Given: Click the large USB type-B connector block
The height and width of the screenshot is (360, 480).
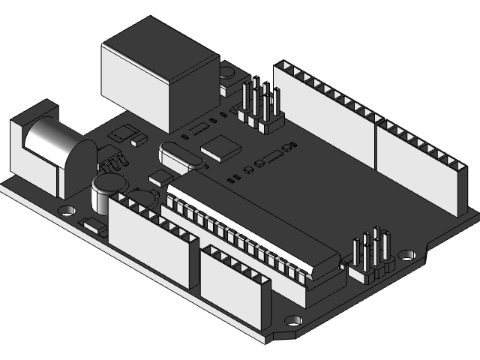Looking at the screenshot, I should pyautogui.click(x=157, y=75).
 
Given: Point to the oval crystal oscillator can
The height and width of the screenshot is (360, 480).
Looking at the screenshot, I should pyautogui.click(x=180, y=157).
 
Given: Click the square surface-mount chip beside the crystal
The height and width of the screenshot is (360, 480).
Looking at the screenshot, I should pyautogui.click(x=221, y=148).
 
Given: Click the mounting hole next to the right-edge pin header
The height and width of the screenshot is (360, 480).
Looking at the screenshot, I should pyautogui.click(x=407, y=255).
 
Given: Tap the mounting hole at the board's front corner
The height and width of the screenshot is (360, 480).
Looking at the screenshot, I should pyautogui.click(x=292, y=321).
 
